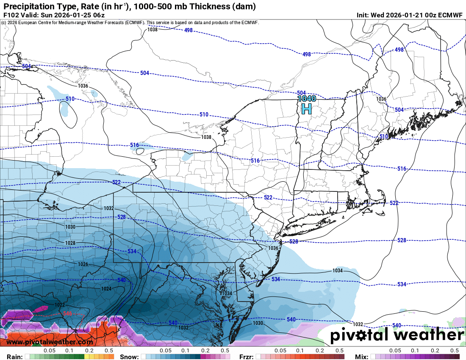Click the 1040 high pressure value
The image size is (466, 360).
[x=306, y=98]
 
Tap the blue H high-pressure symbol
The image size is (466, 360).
[x=306, y=109]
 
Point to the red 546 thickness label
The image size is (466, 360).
[x=67, y=313]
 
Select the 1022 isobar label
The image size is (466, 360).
[x=60, y=305]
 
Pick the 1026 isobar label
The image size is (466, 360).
[x=83, y=264]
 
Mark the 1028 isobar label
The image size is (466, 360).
[x=70, y=243]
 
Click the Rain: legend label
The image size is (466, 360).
[x=11, y=357]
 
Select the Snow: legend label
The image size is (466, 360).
[x=129, y=357]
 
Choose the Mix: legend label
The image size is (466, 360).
[x=361, y=357]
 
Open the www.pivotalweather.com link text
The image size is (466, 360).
[x=50, y=342]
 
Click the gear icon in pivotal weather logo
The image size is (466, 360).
[x=361, y=335]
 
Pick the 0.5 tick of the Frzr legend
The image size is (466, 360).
[x=339, y=351]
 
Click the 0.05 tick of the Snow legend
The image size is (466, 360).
[x=166, y=351]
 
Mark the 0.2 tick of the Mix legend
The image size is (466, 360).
[x=435, y=351]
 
